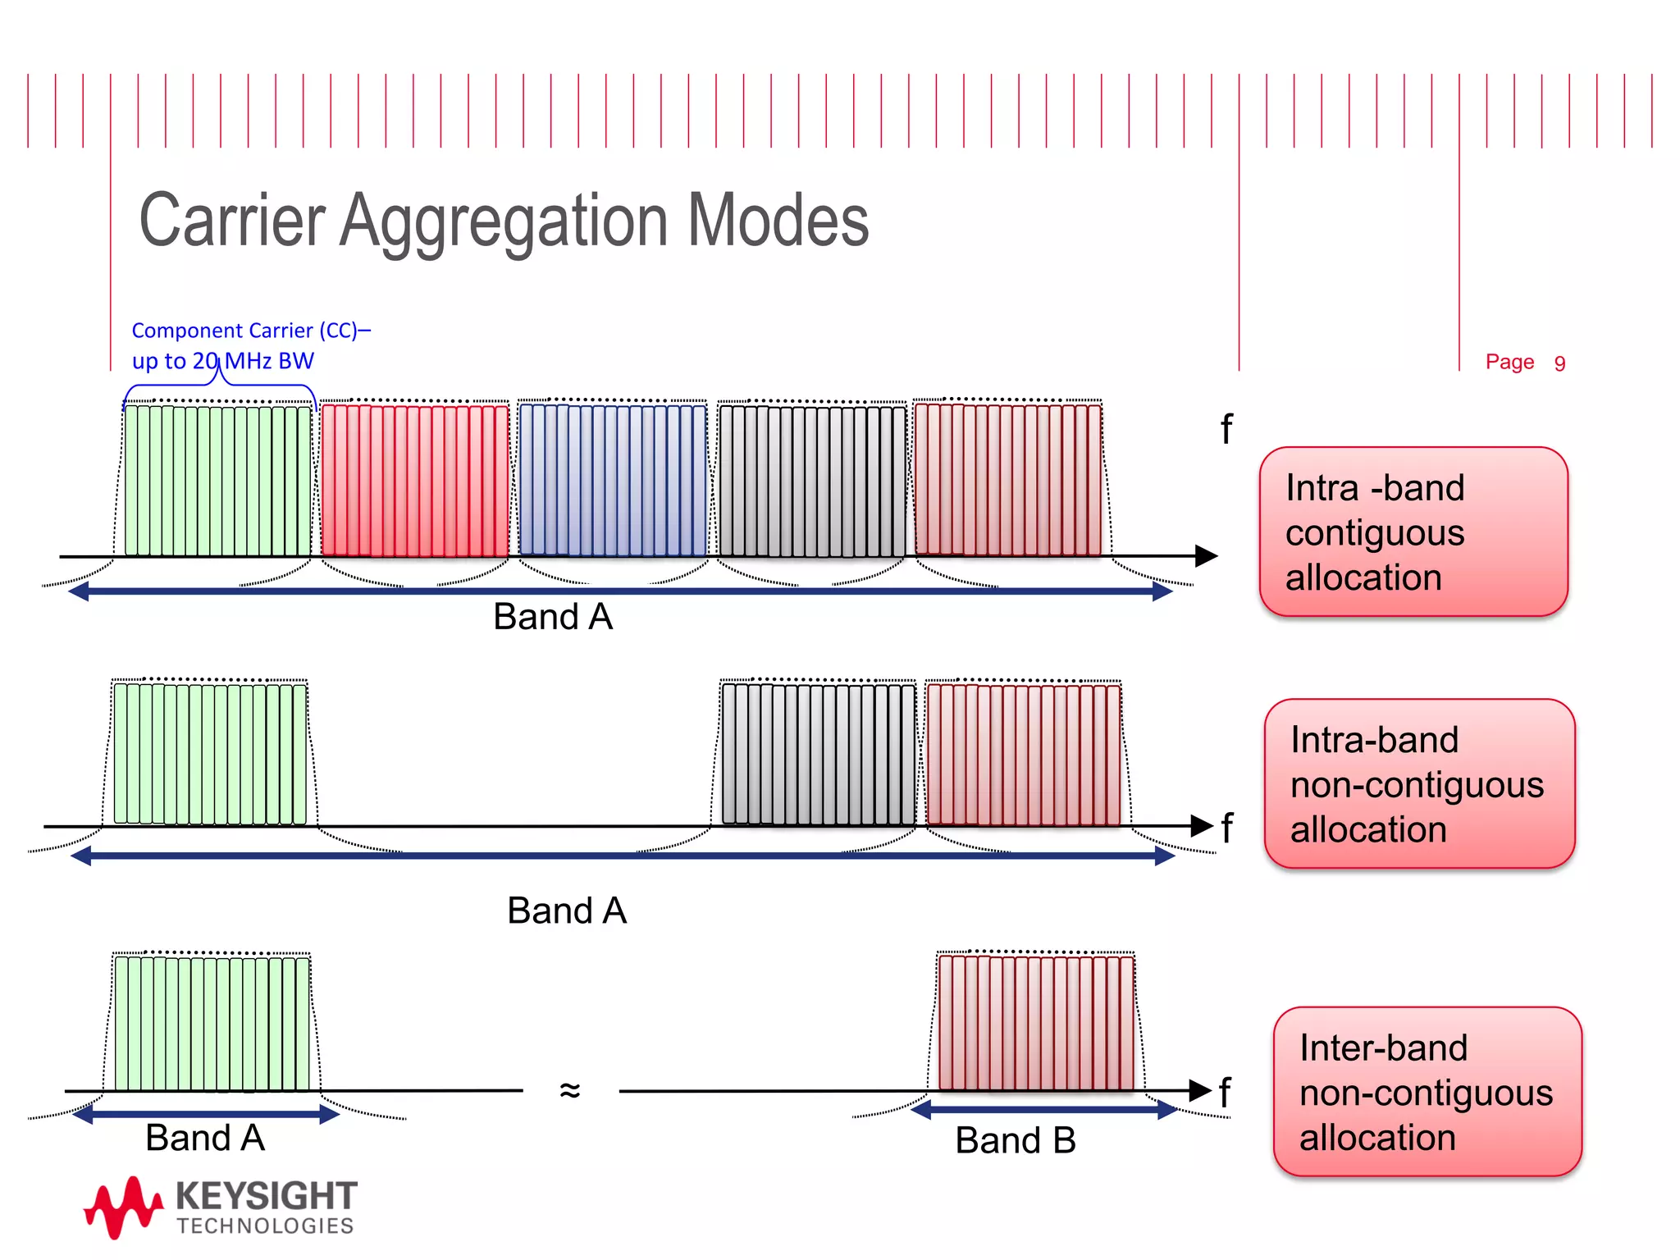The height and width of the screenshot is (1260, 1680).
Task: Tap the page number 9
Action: pyautogui.click(x=1559, y=363)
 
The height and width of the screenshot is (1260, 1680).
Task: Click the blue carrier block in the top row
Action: pyautogui.click(x=613, y=480)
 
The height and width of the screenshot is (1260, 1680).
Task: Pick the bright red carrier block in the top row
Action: pyautogui.click(x=414, y=480)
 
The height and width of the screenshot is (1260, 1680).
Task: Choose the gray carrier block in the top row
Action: pyautogui.click(x=812, y=480)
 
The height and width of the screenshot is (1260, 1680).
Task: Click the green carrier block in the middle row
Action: pyautogui.click(x=210, y=753)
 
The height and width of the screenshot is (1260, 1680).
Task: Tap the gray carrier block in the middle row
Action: pyautogui.click(x=818, y=753)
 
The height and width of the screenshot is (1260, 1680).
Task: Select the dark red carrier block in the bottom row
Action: pyautogui.click(x=1036, y=1022)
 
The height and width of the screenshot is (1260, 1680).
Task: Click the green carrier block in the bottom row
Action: pyautogui.click(x=212, y=1022)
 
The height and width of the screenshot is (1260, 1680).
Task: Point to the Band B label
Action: pyautogui.click(x=1016, y=1140)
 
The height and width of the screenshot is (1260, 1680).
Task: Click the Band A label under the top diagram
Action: pyautogui.click(x=553, y=617)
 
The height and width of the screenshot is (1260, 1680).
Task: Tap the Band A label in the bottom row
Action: pyautogui.click(x=205, y=1139)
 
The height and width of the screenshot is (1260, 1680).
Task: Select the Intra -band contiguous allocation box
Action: pyautogui.click(x=1413, y=532)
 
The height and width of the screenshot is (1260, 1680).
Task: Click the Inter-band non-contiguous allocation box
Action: pyautogui.click(x=1427, y=1092)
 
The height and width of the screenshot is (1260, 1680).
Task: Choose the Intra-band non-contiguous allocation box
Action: pyautogui.click(x=1419, y=783)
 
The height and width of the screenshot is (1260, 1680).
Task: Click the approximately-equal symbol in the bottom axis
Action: pyautogui.click(x=570, y=1090)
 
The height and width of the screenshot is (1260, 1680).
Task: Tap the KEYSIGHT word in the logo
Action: pyautogui.click(x=267, y=1196)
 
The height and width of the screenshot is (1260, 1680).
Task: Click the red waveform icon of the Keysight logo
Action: pyautogui.click(x=123, y=1206)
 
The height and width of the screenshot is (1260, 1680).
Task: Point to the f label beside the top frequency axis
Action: pyautogui.click(x=1226, y=429)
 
